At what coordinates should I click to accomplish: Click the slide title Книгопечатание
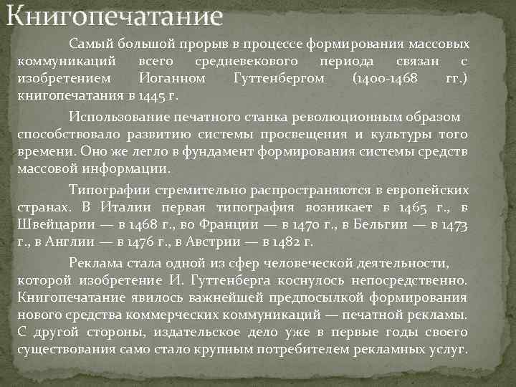click(x=115, y=15)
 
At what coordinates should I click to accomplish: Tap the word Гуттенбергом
click(x=279, y=77)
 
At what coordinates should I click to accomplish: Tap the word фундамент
click(x=236, y=152)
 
